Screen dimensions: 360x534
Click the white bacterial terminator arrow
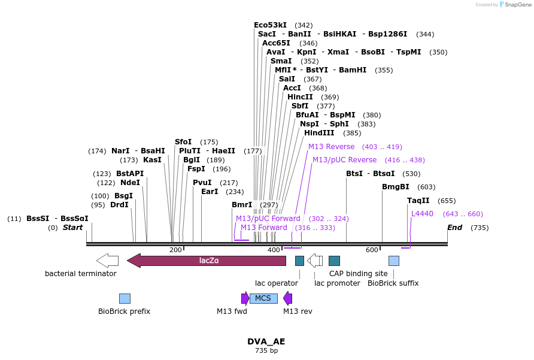[x=107, y=261]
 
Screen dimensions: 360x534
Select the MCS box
[x=263, y=298]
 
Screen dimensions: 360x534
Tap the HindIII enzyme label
[x=319, y=133]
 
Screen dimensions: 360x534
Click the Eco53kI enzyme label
[x=270, y=25]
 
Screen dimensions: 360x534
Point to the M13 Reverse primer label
[x=331, y=147]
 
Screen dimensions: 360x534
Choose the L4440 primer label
[x=422, y=214]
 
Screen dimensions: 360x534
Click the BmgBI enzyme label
[x=395, y=187]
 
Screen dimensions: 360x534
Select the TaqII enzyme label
[x=418, y=201]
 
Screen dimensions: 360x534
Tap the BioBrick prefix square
[x=125, y=298]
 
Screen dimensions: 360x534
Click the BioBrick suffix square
[x=394, y=261]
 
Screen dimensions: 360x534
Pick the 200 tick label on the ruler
[x=175, y=250]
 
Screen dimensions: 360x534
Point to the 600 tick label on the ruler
[x=372, y=250]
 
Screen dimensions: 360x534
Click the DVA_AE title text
[x=266, y=341]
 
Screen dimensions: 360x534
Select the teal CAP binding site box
[x=334, y=261]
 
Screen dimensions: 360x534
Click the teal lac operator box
[x=299, y=261]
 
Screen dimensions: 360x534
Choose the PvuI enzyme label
[x=202, y=183]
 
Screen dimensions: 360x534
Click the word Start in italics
[x=72, y=228]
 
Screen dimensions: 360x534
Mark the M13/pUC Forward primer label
[x=268, y=219]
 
